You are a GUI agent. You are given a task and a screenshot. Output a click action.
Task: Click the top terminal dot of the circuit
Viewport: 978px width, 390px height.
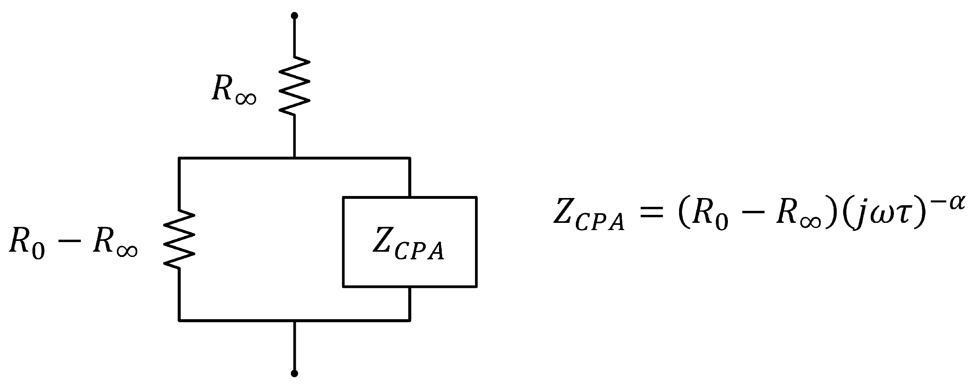(294, 16)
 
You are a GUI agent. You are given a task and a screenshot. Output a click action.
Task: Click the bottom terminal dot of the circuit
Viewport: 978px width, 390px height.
(294, 374)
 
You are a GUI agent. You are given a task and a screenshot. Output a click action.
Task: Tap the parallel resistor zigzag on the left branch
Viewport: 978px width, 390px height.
(179, 239)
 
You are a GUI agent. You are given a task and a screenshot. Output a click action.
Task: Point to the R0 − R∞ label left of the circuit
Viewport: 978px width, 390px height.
(73, 243)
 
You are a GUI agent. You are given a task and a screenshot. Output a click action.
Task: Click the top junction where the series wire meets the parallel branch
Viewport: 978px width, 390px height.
(294, 158)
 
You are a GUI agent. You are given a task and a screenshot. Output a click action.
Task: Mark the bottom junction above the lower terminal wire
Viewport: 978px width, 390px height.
(294, 320)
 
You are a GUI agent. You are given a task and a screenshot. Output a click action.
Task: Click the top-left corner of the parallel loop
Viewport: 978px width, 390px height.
(179, 158)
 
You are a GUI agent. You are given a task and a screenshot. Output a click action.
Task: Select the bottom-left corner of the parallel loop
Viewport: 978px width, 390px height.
(179, 320)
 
